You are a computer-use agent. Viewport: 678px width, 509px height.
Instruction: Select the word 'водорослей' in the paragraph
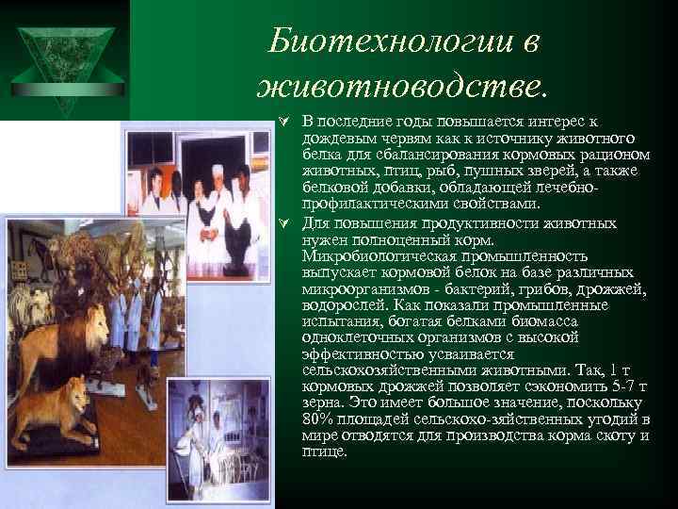(x=342, y=305)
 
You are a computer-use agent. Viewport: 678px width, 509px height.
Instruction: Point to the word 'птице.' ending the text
(x=324, y=452)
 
